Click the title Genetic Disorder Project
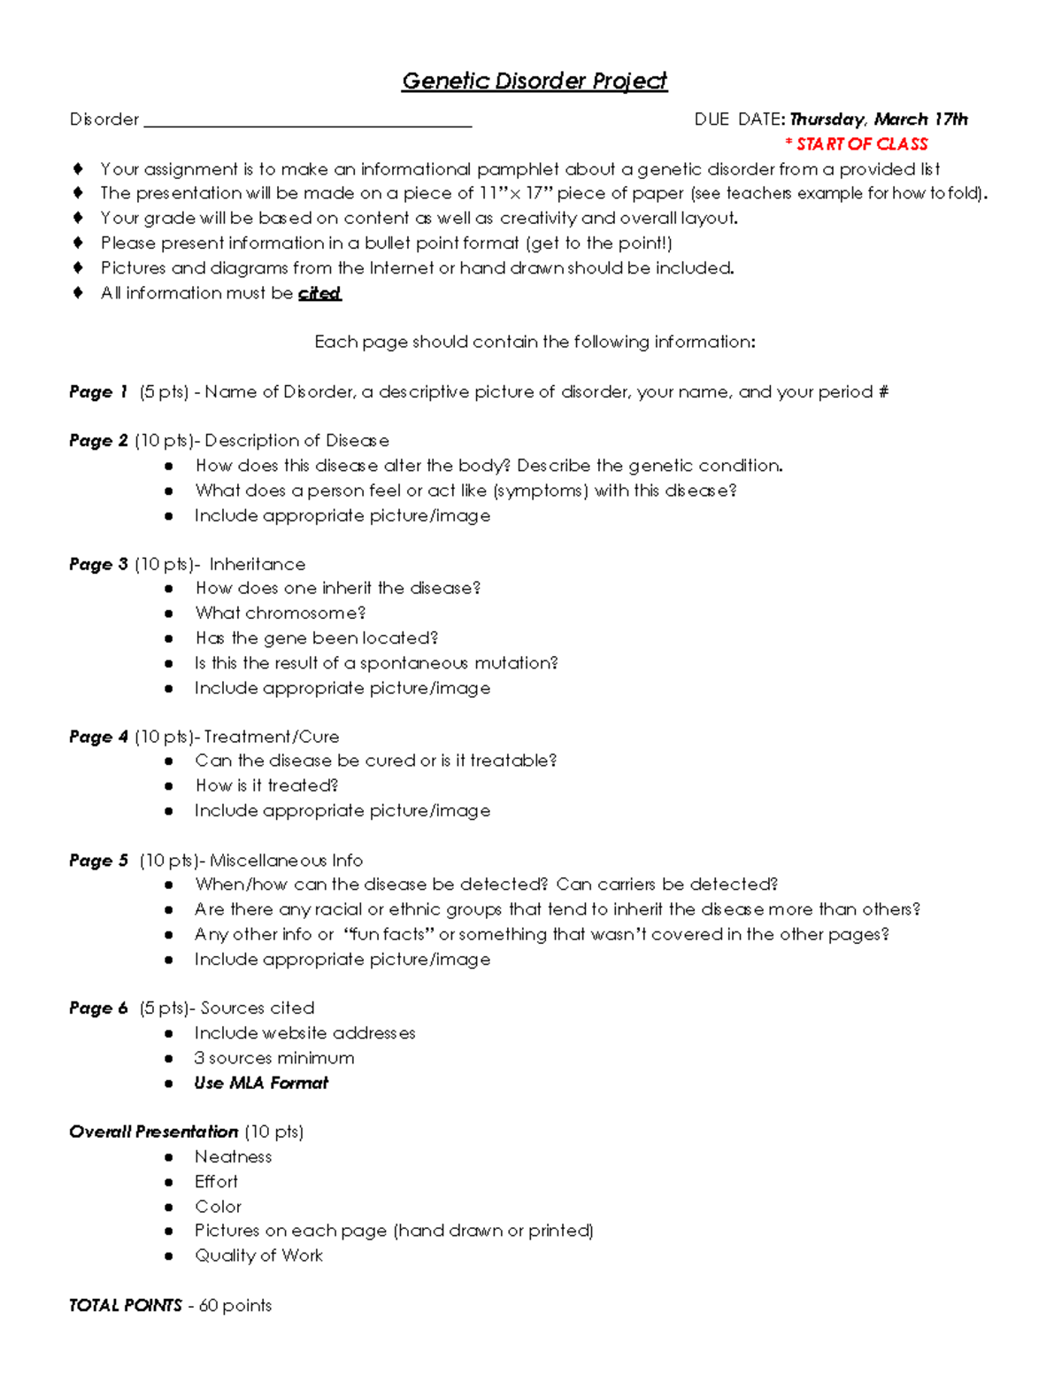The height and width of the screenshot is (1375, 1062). [534, 81]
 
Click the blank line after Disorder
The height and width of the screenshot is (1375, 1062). [307, 121]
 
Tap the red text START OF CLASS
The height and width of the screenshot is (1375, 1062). [857, 144]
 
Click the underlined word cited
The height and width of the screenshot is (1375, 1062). [319, 293]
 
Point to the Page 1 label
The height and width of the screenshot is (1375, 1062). [98, 391]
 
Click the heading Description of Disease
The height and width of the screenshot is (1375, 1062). [296, 441]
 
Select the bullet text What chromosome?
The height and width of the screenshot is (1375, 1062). [280, 613]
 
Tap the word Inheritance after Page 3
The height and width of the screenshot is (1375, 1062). [258, 564]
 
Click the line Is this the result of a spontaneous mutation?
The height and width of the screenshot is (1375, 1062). [376, 663]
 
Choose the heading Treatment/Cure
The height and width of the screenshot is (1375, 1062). [272, 737]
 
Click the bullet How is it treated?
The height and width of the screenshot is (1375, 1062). [266, 785]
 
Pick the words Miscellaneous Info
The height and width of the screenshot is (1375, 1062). [286, 861]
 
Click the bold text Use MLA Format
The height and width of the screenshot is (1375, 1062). [261, 1083]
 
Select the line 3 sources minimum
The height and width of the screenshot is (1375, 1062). [274, 1058]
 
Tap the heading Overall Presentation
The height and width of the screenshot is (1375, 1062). [153, 1132]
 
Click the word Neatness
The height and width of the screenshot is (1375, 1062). [233, 1157]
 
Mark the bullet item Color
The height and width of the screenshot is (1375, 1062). [218, 1207]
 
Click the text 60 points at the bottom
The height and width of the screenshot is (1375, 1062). [235, 1305]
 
